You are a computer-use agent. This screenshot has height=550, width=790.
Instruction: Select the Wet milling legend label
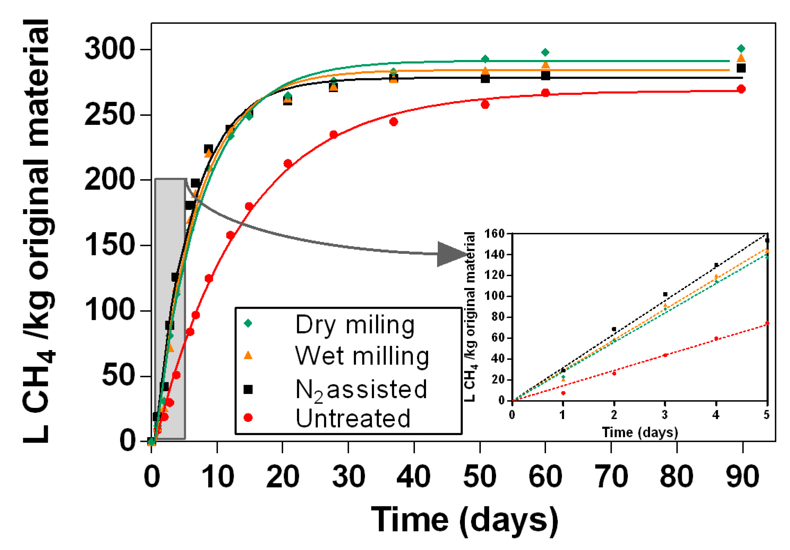pos(362,357)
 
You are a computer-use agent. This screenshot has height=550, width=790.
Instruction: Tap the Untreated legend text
pos(353,419)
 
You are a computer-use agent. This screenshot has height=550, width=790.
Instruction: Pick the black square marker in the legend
pos(248,390)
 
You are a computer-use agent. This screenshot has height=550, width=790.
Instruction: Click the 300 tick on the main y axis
pos(109,49)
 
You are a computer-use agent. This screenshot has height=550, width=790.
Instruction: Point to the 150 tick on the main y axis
pos(109,245)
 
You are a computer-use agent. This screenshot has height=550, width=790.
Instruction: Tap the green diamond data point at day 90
pos(741,49)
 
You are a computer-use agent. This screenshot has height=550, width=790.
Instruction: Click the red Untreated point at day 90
pos(741,89)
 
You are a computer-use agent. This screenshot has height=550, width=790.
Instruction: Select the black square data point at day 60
pos(545,76)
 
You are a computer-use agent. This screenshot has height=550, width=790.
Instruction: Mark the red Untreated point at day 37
pos(393,122)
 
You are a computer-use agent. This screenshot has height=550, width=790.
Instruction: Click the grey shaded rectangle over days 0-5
pos(170,308)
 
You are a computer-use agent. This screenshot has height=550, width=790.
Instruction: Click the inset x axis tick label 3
pos(665,415)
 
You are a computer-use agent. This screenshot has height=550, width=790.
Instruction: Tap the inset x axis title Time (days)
pos(640,433)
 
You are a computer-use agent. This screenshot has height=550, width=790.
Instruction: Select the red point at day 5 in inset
pos(767,323)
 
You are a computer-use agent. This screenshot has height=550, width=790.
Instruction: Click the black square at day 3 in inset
pos(665,294)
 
